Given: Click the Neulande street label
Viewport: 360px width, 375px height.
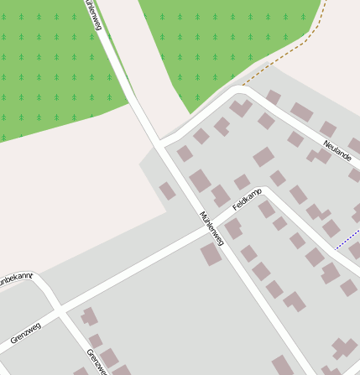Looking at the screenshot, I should (337, 153).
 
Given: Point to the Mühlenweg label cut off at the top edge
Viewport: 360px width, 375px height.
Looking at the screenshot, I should (91, 13).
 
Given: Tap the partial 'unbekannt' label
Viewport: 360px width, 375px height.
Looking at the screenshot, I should (14, 277).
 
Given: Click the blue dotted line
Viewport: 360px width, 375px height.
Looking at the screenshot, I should (346, 242).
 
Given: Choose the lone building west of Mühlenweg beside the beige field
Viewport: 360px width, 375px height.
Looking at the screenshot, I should (168, 191).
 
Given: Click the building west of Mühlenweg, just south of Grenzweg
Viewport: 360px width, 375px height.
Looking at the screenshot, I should (211, 254).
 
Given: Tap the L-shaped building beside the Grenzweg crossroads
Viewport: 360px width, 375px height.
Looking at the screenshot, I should (87, 316).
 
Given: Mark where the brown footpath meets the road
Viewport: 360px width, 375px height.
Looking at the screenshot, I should (243, 86).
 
